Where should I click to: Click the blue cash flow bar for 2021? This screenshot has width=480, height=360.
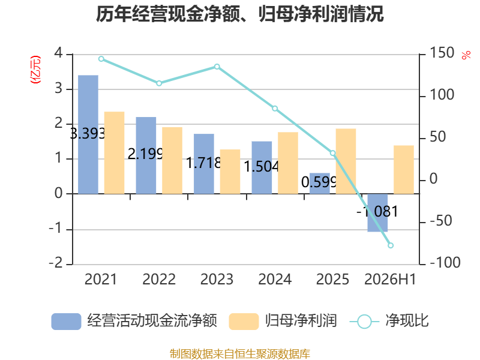pos(88,134)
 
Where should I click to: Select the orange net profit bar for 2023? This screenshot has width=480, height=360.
pos(230,172)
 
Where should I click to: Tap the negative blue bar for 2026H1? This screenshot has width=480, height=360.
pos(377,212)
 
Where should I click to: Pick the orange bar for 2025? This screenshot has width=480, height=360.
pos(346,161)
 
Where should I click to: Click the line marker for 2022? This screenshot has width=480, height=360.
pos(159,83)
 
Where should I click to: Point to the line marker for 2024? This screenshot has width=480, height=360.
pos(275,109)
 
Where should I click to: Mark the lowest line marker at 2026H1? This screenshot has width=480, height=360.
pos(391,245)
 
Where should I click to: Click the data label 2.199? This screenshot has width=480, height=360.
pos(145,154)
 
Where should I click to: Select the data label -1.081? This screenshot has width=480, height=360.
pos(377,212)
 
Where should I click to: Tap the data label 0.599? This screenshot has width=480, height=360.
pos(319,182)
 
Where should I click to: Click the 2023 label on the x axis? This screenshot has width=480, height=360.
pos(217,279)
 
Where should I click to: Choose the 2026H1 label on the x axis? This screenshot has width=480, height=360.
pos(391,279)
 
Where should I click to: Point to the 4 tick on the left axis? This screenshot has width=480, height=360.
pos(58,53)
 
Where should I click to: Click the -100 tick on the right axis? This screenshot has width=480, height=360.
pos(445,263)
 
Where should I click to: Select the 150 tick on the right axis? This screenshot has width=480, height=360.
pos(442,53)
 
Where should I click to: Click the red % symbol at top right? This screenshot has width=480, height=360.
pos(466,55)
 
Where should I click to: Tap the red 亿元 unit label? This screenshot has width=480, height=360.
pos(35,70)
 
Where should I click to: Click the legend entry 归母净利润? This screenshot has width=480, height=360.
pos(301,321)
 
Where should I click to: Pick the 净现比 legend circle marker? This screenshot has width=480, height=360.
pos(364,322)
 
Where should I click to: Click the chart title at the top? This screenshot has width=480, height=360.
pos(239,14)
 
